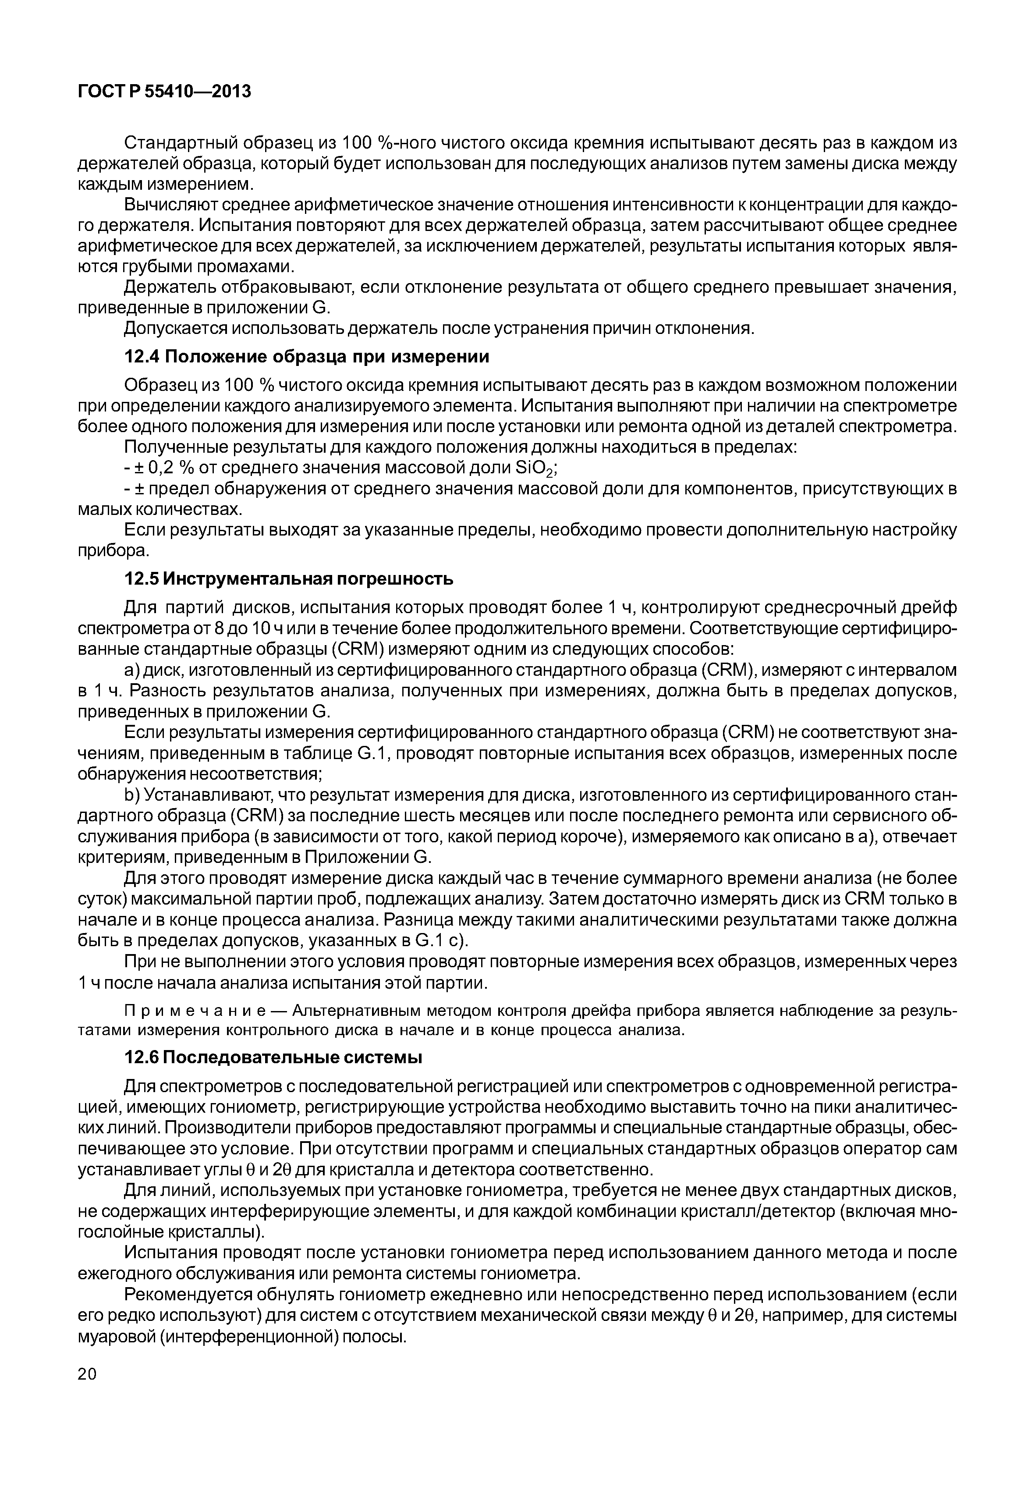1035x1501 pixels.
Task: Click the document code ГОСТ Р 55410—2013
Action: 164,92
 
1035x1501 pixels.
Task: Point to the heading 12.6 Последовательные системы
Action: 273,1058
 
